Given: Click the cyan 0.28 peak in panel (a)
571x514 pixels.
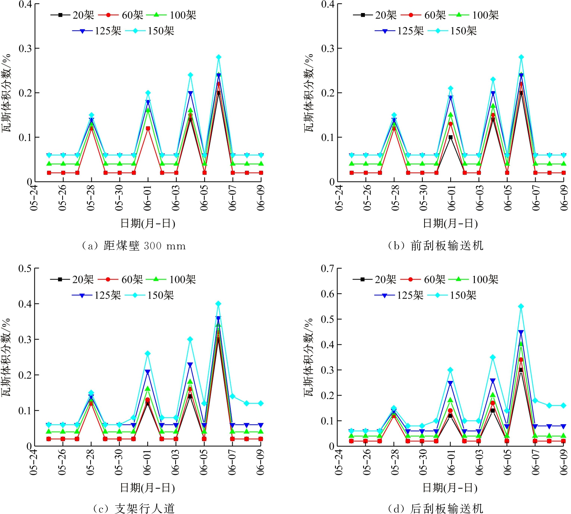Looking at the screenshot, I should tap(219, 57).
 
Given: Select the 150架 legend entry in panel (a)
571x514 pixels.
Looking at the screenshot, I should tap(150, 31).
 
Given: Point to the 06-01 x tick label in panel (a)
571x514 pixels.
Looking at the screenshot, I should tap(148, 198).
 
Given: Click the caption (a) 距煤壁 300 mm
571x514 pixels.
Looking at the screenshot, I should tap(133, 246).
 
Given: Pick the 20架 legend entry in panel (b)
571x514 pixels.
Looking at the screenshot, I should tap(374, 15).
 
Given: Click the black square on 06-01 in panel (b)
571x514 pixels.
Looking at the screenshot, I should tap(450, 137).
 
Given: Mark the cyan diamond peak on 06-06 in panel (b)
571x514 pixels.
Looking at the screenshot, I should tap(521, 57).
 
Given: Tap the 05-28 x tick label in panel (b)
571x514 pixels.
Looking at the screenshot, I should tap(395, 198).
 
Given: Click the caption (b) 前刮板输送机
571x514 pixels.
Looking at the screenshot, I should tap(435, 246).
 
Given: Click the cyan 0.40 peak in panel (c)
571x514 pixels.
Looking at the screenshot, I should tap(218, 304).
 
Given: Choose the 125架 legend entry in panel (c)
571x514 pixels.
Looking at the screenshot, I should tap(97, 295).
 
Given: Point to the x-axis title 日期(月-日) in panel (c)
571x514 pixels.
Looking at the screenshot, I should tap(148, 488).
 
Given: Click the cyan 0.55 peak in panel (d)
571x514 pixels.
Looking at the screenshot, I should tap(521, 306).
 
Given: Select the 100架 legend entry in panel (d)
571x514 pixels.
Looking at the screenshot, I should tap(473, 279).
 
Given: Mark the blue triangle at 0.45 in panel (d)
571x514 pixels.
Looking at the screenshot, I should tap(521, 332).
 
